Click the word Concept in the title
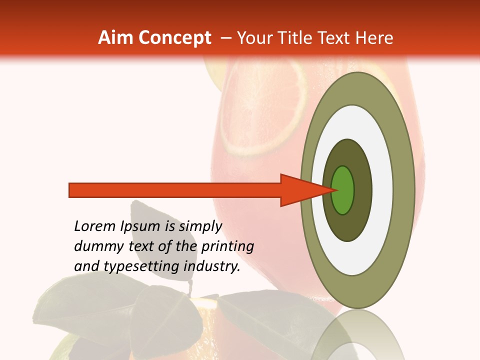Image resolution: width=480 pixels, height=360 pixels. point(174,38)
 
